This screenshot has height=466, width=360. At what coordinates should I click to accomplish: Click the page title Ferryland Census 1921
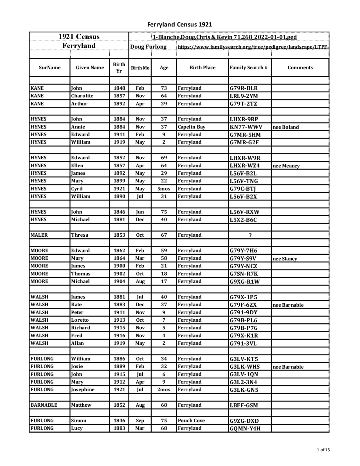pos(179,24)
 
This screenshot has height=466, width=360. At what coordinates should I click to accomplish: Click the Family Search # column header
pos(248,68)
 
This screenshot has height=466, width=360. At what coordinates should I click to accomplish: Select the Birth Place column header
pos(202,68)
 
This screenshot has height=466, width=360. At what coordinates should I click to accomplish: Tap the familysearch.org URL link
pos(253,46)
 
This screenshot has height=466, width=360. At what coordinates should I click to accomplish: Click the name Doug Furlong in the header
pos(148,47)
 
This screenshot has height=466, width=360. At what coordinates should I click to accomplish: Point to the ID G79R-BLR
pos(244,88)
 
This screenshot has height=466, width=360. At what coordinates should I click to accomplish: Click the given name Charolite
pos(82,96)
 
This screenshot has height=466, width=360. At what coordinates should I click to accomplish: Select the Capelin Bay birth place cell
pos(192,127)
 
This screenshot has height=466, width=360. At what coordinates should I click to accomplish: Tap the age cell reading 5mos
pos(164,189)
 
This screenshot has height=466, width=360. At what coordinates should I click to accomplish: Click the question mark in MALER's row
pos(250,235)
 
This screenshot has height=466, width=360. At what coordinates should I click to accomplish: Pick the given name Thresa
pos(80,235)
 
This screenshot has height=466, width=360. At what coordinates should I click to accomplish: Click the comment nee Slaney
pos(285,259)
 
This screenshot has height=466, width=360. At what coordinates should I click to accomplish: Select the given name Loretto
pos(80,320)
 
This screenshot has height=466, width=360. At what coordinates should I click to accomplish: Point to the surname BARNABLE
pos(44,405)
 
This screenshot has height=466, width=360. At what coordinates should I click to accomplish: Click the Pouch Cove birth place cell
pos(191,420)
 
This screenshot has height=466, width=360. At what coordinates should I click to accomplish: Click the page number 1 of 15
pos(323,450)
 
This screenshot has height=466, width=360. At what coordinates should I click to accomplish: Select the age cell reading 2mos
pos(164,389)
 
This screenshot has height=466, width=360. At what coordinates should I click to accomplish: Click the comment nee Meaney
pos(286,166)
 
